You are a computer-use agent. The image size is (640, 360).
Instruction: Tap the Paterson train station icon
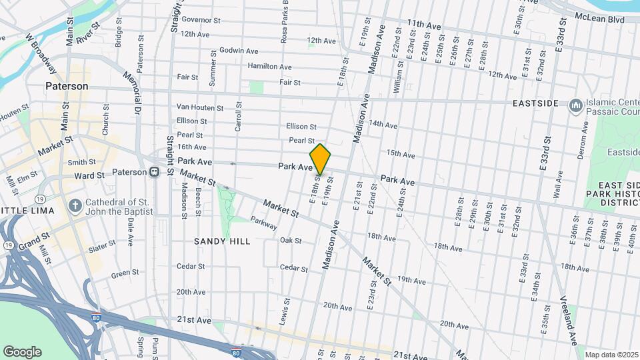coord(154,172)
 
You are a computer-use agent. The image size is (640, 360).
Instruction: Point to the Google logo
coord(22,352)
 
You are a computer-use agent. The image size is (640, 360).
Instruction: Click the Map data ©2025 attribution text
coord(611,355)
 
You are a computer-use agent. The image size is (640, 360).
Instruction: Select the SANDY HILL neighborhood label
coord(222,241)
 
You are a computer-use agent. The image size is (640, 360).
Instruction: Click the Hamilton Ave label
coord(269,67)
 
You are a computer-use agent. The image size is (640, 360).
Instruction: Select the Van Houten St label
coord(200,107)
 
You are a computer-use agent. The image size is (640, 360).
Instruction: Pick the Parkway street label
coord(263,223)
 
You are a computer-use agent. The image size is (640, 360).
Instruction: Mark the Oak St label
coord(291,240)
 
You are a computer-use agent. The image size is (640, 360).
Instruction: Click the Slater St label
coord(101,247)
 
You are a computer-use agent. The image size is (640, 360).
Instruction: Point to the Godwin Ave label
coord(238,51)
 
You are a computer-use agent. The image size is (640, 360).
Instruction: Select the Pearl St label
coord(301,141)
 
